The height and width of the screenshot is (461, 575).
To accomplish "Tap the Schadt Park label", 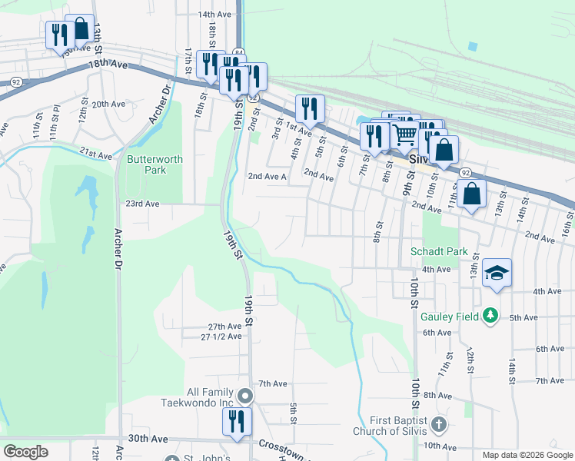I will pyautogui.click(x=439, y=251).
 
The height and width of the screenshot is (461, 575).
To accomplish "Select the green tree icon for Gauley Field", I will pyautogui.click(x=490, y=316).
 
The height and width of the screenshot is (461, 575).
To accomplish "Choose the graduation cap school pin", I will pyautogui.click(x=497, y=273).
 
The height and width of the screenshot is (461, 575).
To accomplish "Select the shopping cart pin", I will pyautogui.click(x=405, y=135).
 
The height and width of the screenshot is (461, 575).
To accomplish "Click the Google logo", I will pyautogui.click(x=25, y=452).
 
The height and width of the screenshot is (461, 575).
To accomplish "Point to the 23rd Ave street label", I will pyautogui.click(x=142, y=204).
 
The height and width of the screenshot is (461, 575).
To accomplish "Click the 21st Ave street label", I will pyautogui.click(x=95, y=154).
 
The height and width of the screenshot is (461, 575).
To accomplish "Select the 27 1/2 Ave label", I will pyautogui.click(x=221, y=337).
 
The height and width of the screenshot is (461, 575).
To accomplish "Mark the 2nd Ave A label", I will pyautogui.click(x=267, y=176).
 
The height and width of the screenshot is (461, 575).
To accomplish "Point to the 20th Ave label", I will pyautogui.click(x=108, y=104).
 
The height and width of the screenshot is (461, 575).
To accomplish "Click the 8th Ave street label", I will pyautogui.click(x=437, y=395).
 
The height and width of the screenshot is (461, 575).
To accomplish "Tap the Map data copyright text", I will pyautogui.click(x=527, y=455).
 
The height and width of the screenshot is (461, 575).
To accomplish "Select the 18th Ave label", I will pyautogui.click(x=107, y=65).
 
